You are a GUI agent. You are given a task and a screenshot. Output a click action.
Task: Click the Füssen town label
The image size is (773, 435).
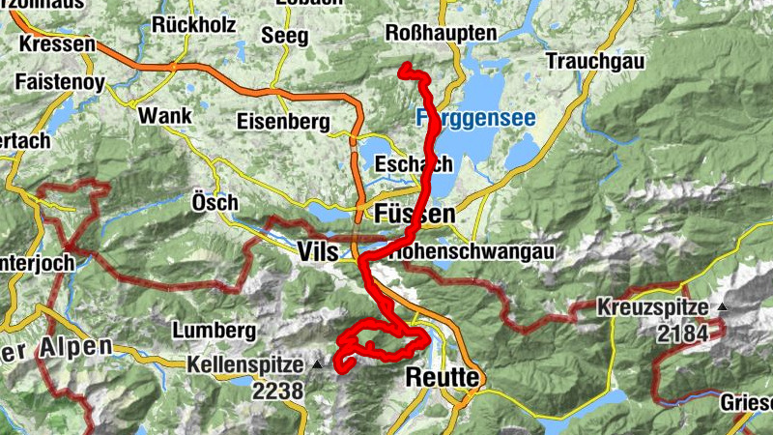pyautogui.click(x=413, y=214)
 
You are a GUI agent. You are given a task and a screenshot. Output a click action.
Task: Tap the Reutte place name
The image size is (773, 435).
pyautogui.click(x=443, y=377)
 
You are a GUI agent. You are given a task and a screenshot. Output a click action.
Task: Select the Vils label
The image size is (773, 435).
pyautogui.click(x=319, y=251)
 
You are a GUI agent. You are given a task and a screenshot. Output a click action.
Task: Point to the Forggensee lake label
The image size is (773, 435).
pyautogui.click(x=475, y=118)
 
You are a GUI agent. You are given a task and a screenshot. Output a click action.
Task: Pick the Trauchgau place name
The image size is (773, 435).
pyautogui.click(x=593, y=61)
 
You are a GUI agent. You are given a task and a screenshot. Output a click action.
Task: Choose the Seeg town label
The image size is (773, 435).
pyautogui.click(x=285, y=36)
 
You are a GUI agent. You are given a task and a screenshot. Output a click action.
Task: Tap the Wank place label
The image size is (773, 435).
pyautogui.click(x=165, y=115)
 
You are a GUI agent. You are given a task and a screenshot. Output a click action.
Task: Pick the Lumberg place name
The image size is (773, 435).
pyautogui.click(x=214, y=330)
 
